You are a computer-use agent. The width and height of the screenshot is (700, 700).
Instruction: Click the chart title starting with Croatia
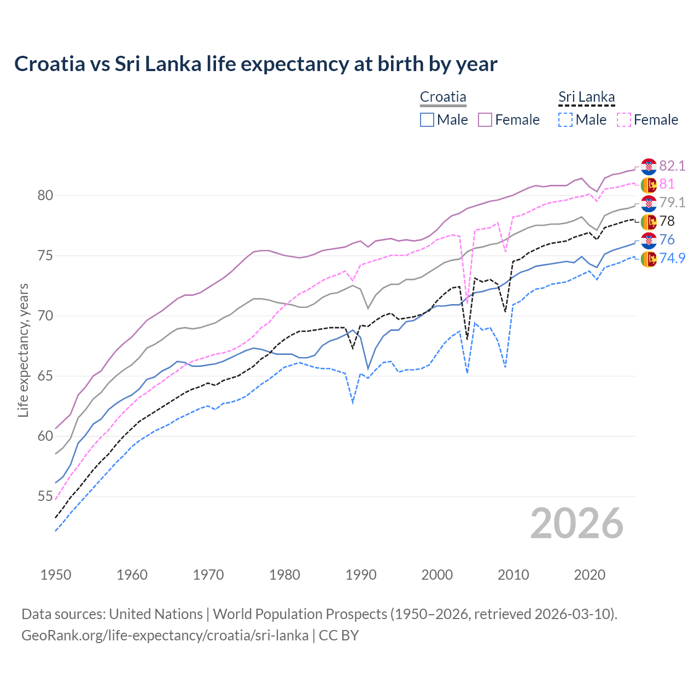(x=255, y=64)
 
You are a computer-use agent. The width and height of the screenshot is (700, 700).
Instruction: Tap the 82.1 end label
(x=672, y=166)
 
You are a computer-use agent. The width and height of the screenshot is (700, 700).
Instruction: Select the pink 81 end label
(x=667, y=184)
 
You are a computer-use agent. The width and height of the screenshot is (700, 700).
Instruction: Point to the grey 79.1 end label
(x=672, y=202)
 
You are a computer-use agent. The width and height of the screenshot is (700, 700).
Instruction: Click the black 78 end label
(x=667, y=221)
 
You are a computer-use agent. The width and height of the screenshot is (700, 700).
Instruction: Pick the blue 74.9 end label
(x=672, y=258)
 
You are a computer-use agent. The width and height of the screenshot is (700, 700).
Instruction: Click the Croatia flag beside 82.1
(x=649, y=166)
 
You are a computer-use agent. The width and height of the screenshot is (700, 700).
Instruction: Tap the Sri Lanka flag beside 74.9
(x=649, y=259)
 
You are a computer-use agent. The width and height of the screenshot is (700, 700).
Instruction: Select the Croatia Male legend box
(x=427, y=120)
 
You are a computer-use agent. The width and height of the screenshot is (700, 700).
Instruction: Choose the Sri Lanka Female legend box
(x=624, y=120)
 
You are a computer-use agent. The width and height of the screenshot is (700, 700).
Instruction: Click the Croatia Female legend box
(x=485, y=120)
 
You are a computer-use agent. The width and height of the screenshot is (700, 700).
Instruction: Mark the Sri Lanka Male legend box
(x=565, y=120)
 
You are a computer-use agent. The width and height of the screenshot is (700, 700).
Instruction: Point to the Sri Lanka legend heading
(x=586, y=97)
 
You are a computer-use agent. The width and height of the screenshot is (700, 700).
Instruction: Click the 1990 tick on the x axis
(x=361, y=575)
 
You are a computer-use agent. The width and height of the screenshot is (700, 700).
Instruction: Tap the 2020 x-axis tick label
(x=590, y=575)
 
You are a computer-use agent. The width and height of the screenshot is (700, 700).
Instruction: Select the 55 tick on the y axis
(x=45, y=497)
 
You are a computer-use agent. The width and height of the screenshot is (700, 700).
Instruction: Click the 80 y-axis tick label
(x=45, y=196)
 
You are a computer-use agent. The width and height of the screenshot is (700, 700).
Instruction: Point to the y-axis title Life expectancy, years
(x=23, y=350)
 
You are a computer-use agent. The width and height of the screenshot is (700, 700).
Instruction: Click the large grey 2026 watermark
(x=577, y=523)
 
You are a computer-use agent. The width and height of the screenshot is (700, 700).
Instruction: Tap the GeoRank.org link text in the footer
(x=165, y=635)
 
